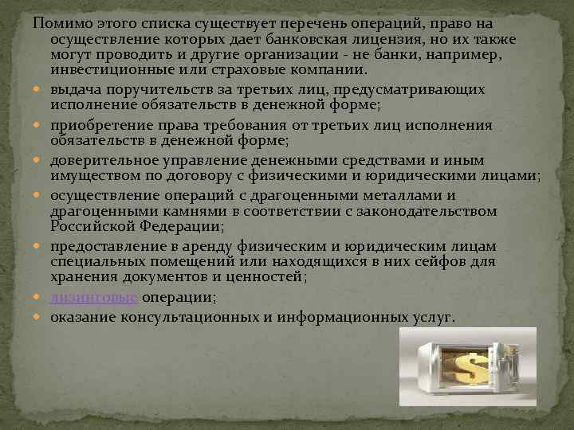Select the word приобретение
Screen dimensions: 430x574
click(100, 125)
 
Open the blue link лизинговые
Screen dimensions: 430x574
click(94, 297)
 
